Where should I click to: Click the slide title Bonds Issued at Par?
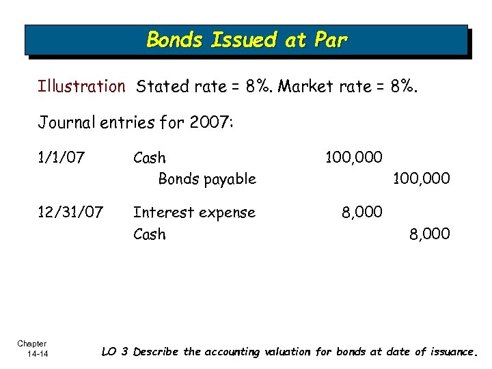pyautogui.click(x=247, y=40)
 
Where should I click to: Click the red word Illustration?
pyautogui.click(x=81, y=87)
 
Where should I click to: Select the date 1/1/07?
pyautogui.click(x=61, y=158)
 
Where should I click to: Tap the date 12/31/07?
pyautogui.click(x=70, y=213)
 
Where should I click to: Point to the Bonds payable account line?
pyautogui.click(x=207, y=179)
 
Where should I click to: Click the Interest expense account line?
pyautogui.click(x=194, y=213)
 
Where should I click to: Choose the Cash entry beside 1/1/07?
pyautogui.click(x=150, y=158)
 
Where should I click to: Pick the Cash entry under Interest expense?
pyautogui.click(x=150, y=234)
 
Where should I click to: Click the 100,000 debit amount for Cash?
pyautogui.click(x=353, y=158)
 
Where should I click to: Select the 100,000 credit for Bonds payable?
pyautogui.click(x=421, y=179)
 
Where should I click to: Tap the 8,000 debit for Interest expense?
pyautogui.click(x=362, y=213)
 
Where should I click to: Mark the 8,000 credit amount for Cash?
pyautogui.click(x=430, y=234)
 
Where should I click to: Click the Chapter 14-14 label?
pyautogui.click(x=32, y=348)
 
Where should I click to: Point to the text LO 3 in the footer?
pyautogui.click(x=114, y=352)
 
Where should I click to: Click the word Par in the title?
pyautogui.click(x=329, y=40)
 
